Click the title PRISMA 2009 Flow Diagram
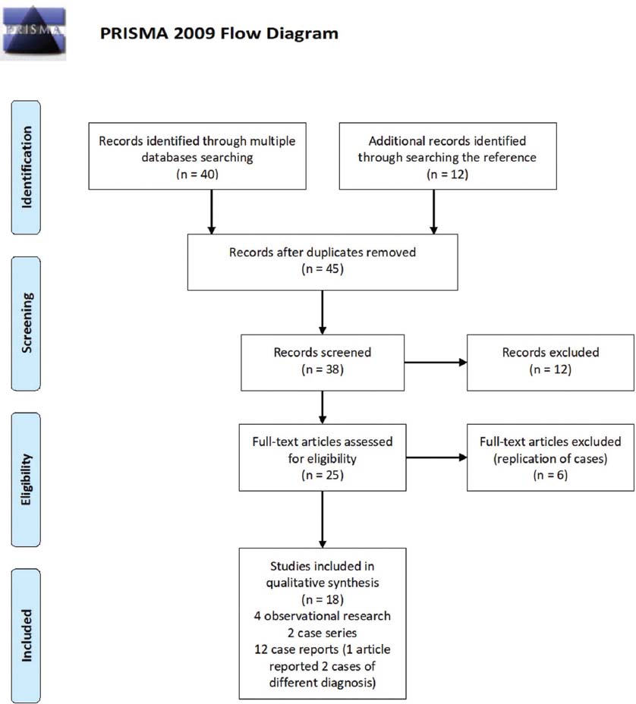click(x=219, y=33)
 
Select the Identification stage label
click(x=27, y=167)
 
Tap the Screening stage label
click(x=27, y=323)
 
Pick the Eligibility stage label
click(x=27, y=479)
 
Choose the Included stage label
click(x=27, y=635)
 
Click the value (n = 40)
click(x=197, y=174)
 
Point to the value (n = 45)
click(x=323, y=269)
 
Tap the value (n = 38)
click(x=323, y=369)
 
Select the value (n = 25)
click(x=323, y=475)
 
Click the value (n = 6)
click(x=550, y=475)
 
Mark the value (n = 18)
click(x=323, y=599)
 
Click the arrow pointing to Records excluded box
click(x=436, y=363)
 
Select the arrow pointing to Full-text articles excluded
click(x=436, y=457)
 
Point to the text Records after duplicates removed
click(x=323, y=253)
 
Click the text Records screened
click(x=323, y=353)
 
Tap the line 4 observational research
click(x=323, y=616)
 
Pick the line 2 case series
click(x=323, y=633)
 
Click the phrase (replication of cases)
click(x=550, y=458)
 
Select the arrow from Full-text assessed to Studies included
click(x=323, y=520)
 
